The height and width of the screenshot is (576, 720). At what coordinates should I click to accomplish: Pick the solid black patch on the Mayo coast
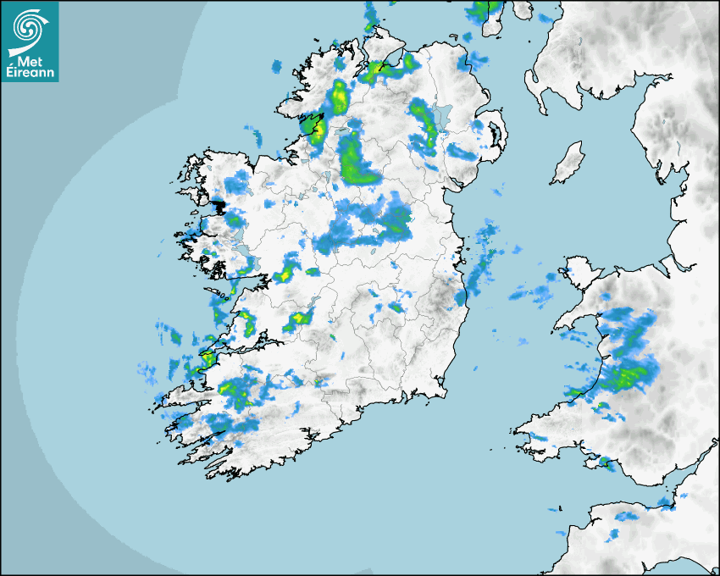(219, 205)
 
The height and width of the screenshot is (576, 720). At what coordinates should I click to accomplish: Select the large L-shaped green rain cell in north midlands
(356, 161)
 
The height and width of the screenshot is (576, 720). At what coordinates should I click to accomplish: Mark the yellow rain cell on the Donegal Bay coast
(318, 130)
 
